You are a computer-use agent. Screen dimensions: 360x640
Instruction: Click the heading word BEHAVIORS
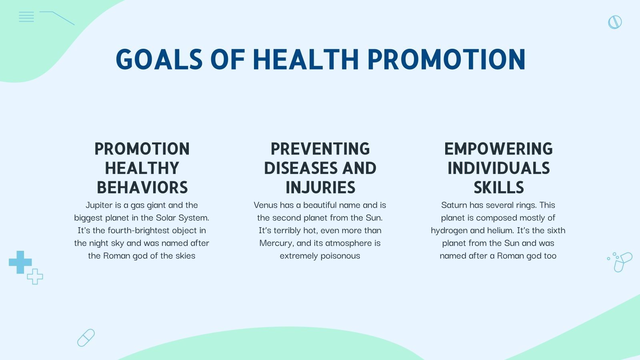[x=142, y=188]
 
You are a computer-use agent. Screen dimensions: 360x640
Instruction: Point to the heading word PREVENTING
[x=320, y=149]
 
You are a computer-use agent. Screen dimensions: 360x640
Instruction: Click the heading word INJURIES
[x=320, y=188]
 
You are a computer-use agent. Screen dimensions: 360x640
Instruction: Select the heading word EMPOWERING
[x=498, y=149]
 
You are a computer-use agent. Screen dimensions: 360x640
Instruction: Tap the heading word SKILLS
[x=498, y=188]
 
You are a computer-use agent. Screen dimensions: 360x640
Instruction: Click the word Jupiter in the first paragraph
[x=99, y=205]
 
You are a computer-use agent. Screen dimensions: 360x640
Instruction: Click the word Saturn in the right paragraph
[x=454, y=205]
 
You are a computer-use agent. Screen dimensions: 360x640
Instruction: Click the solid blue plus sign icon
[x=20, y=262]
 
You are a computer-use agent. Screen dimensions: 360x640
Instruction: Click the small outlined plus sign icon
[x=35, y=276]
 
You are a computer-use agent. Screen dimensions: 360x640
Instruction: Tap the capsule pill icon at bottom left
[x=86, y=338]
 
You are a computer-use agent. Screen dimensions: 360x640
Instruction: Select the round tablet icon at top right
[x=615, y=22]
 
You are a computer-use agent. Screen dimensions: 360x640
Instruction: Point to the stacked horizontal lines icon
[x=26, y=17]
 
